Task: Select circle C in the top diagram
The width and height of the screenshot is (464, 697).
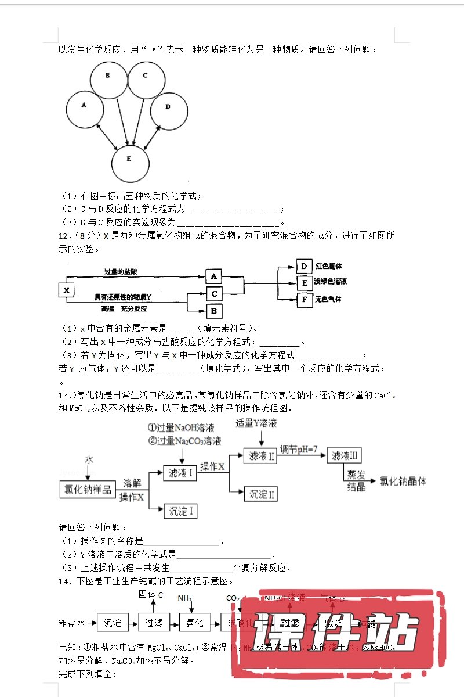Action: tap(146, 79)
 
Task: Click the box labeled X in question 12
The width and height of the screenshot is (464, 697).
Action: tap(66, 289)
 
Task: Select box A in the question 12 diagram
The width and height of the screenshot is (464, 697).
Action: tap(214, 276)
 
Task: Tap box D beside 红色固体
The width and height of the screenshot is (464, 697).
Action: tap(304, 267)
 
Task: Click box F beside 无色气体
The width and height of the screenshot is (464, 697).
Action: tap(304, 300)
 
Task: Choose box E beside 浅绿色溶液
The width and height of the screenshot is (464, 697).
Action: tap(304, 283)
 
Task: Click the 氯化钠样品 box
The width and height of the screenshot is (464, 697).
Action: tap(87, 489)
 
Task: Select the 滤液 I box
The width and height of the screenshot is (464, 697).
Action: tap(180, 473)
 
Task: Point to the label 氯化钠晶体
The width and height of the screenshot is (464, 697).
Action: tap(403, 481)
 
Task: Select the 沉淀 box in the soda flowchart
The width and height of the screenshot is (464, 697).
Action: tap(113, 623)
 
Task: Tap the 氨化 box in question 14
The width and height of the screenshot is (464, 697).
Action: tap(195, 623)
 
